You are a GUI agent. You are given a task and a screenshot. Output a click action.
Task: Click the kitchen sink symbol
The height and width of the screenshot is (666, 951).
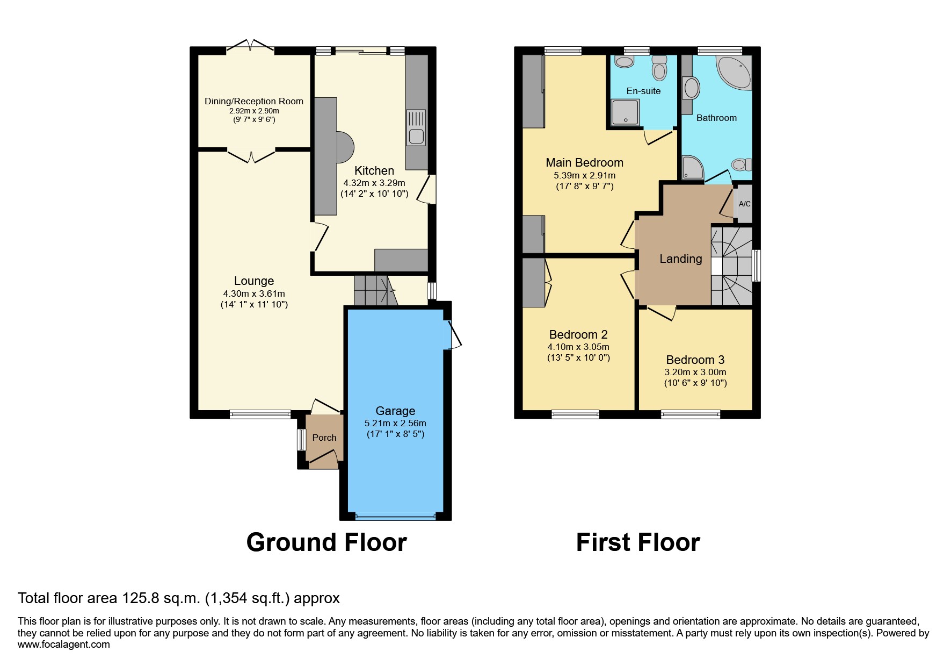(417, 127)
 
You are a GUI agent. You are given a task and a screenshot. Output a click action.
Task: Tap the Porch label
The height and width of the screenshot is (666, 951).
(324, 438)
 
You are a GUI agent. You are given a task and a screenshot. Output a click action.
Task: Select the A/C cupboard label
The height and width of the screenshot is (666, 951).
(744, 204)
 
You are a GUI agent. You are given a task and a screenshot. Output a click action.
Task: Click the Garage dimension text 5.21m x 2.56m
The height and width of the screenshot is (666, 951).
(395, 423)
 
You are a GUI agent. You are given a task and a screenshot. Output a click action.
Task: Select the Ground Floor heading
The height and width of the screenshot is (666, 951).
(326, 542)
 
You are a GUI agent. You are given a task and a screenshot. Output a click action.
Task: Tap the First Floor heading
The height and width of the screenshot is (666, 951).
(638, 542)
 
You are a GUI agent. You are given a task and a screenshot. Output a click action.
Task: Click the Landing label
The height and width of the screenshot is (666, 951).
(680, 259)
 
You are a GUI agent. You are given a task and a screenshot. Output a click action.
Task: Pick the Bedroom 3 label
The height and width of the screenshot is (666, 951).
(695, 360)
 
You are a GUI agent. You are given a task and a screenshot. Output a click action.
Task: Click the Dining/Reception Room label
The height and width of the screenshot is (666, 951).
(253, 101)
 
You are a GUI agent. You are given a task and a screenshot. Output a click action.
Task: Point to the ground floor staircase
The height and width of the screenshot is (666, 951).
(374, 290)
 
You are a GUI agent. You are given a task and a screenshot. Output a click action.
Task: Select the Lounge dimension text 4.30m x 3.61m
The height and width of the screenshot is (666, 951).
(254, 293)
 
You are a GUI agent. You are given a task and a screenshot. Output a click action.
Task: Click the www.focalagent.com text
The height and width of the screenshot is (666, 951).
(64, 644)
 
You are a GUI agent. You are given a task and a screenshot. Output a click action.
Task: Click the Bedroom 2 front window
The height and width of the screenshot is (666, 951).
(575, 414)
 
